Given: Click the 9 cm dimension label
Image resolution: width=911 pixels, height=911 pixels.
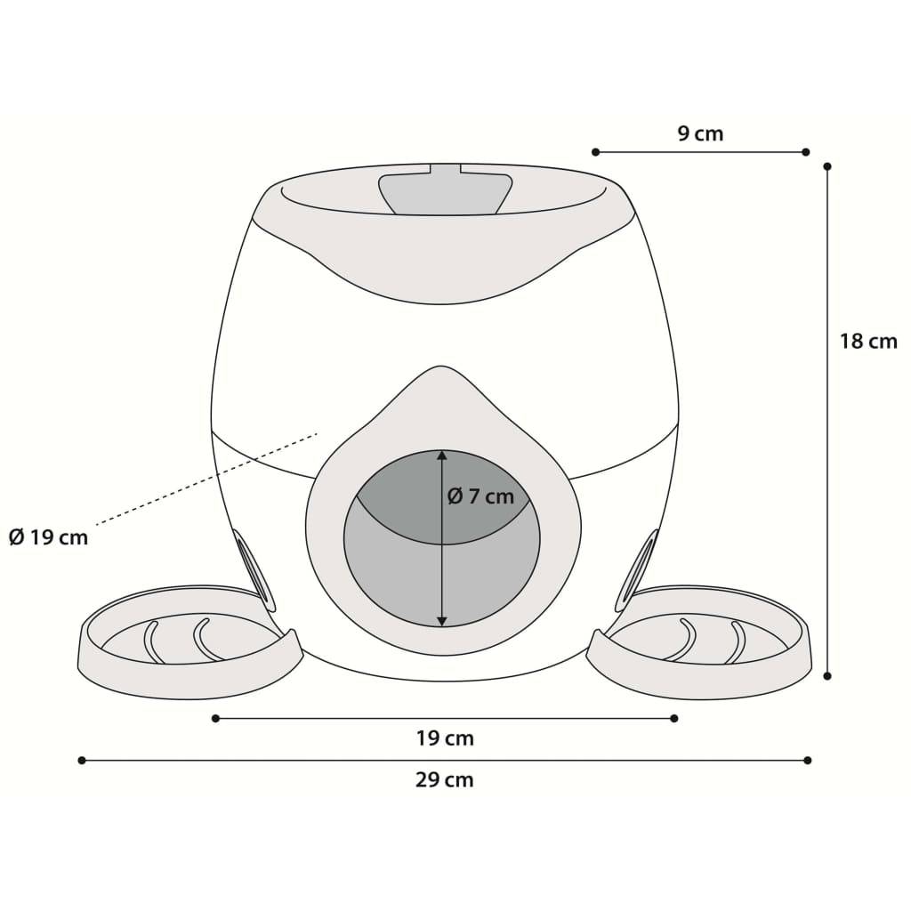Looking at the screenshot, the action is point(700,133).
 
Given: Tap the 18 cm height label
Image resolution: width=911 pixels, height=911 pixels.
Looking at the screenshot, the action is point(868,341).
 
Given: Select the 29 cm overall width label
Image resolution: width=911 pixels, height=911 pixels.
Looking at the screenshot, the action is point(445,779).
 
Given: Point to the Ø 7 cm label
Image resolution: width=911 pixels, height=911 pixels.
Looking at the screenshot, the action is point(480,496).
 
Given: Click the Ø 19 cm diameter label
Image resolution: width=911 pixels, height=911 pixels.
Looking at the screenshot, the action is point(49,537).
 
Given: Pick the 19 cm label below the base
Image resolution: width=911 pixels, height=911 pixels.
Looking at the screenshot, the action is point(445,738).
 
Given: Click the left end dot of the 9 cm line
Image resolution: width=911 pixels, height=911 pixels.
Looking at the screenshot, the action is point(595,152).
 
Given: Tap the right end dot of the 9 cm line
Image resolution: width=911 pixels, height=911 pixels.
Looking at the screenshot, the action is point(805,152).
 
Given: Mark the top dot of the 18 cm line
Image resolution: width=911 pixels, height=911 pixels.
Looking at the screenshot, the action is point(827,166).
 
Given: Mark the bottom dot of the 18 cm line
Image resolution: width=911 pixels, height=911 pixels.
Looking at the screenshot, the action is point(827,676).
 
